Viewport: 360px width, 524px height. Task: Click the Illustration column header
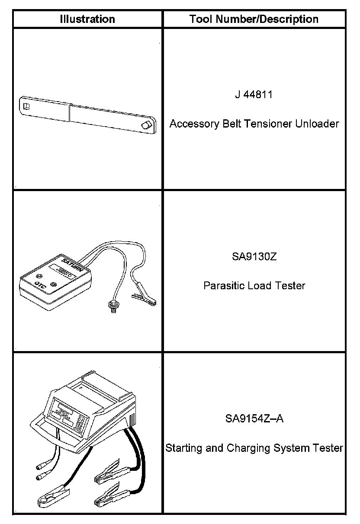click(87, 19)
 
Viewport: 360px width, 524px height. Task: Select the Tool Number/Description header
click(254, 19)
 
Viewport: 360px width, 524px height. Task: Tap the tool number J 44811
click(254, 95)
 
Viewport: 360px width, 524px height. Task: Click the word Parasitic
click(223, 286)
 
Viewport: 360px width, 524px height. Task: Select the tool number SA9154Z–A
click(254, 419)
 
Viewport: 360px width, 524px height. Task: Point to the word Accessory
click(192, 124)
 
